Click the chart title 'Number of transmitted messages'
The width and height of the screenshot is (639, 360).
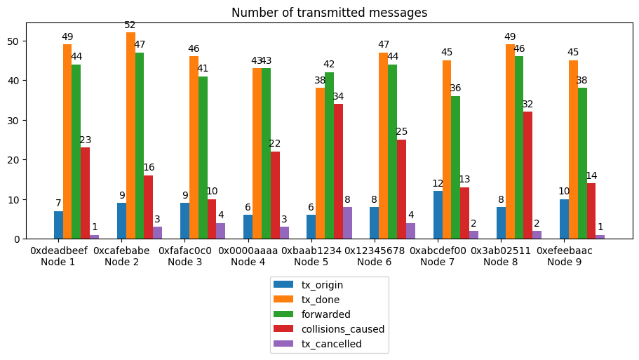coord(329,13)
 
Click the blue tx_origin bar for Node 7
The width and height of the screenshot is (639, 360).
coord(438,215)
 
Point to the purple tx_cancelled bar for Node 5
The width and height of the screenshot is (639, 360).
coord(347,223)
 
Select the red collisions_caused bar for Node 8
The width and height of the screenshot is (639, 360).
coord(527,175)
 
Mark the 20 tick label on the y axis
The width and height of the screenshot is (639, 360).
coord(16,160)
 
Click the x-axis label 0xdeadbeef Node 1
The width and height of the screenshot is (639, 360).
coord(58,256)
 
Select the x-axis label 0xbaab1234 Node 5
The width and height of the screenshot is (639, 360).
coord(311,256)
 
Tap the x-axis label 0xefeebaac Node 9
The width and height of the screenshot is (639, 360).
coord(565,256)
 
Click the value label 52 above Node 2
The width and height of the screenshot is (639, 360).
coord(130,25)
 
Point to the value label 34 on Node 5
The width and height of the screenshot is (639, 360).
coord(338,96)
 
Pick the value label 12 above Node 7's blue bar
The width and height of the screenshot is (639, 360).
coord(438,184)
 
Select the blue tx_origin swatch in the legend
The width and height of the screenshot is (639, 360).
coord(284,285)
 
